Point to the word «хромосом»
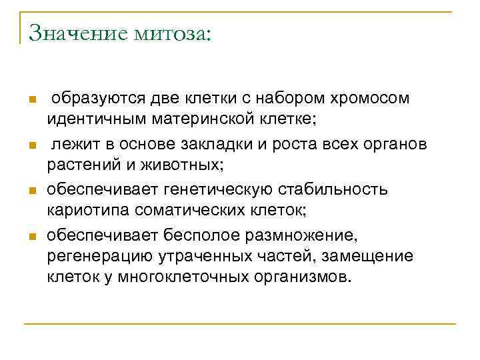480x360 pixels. point(369,98)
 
